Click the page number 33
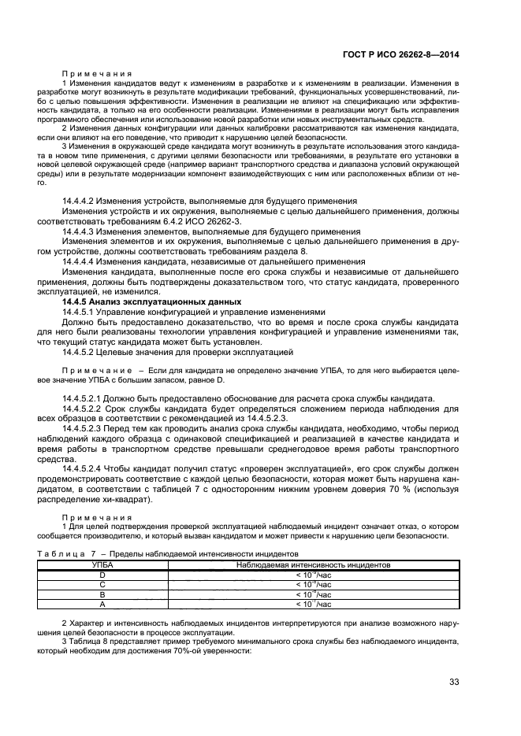[x=453, y=682]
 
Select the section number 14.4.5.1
[x=79, y=313]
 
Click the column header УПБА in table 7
[x=102, y=564]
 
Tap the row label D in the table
[x=102, y=574]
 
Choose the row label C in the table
[x=102, y=584]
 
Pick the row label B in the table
[x=102, y=594]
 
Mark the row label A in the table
[x=102, y=604]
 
